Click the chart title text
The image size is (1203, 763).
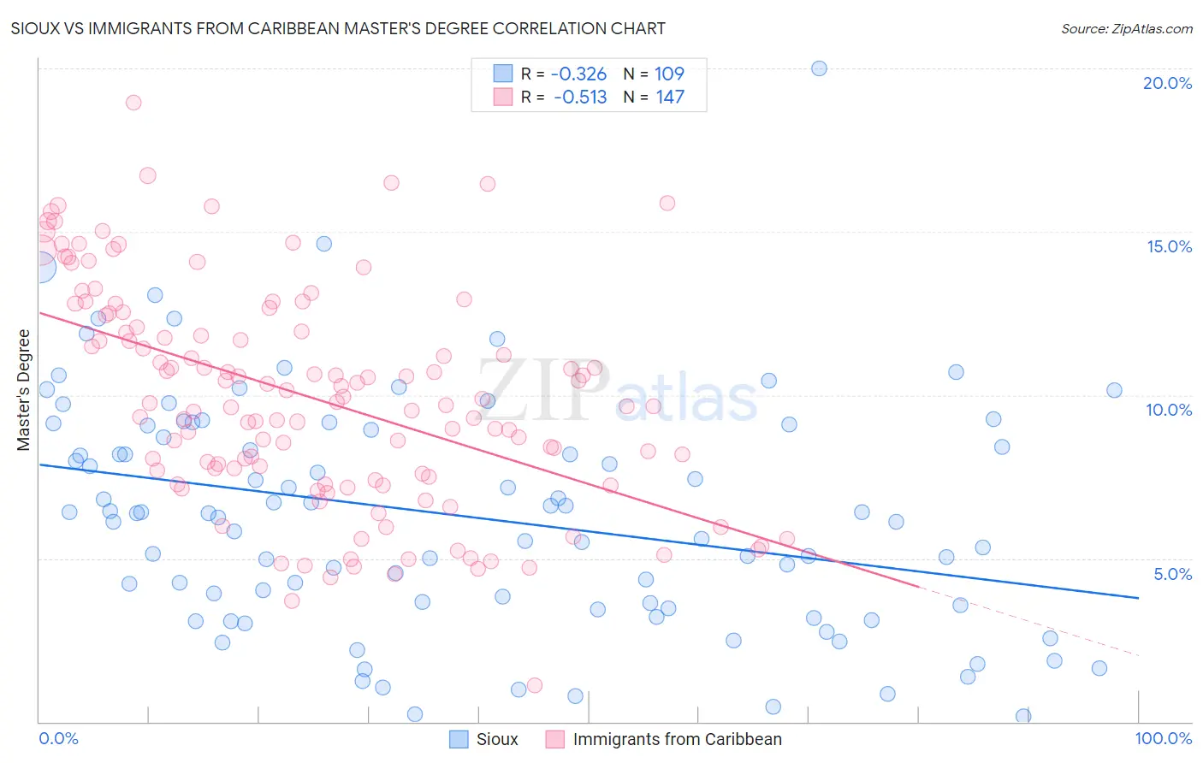tap(338, 28)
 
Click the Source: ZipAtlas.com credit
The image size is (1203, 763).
tap(1126, 29)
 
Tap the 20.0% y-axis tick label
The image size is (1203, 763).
tap(1167, 83)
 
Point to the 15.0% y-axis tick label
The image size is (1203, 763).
tap(1169, 246)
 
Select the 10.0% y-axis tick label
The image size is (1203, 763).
tap(1169, 410)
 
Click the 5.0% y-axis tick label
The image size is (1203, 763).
tap(1172, 574)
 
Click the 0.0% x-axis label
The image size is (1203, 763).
tap(58, 738)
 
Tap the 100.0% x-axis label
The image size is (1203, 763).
tap(1163, 738)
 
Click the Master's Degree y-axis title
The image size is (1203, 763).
tap(24, 390)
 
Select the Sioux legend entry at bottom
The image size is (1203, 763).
tap(497, 739)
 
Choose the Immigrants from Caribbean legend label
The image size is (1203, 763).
tap(677, 739)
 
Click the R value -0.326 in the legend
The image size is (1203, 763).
tap(578, 74)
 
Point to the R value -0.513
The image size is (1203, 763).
tap(580, 97)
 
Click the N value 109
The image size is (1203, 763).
tap(669, 74)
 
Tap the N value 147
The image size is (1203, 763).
tap(670, 97)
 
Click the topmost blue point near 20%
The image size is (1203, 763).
tap(819, 68)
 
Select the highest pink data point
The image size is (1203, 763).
tap(133, 103)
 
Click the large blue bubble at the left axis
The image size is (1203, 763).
tap(40, 267)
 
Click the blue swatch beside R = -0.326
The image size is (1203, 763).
tap(502, 74)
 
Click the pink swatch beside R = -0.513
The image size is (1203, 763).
tap(502, 97)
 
